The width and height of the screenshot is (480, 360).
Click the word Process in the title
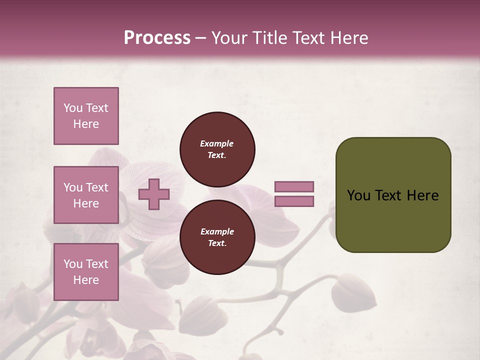click(157, 38)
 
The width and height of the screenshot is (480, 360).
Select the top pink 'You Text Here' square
click(86, 116)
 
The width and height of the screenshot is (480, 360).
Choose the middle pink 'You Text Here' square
click(86, 195)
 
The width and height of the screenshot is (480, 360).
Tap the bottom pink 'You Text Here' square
click(86, 272)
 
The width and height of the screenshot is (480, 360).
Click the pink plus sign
click(154, 194)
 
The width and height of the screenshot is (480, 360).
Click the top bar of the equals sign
click(294, 186)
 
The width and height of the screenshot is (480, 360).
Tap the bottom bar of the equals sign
click(294, 201)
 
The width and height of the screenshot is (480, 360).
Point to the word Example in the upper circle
click(216, 143)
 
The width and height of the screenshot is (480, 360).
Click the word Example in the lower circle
click(217, 231)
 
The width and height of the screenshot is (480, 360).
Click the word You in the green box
click(358, 195)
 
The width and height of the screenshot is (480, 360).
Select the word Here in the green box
click(422, 195)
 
